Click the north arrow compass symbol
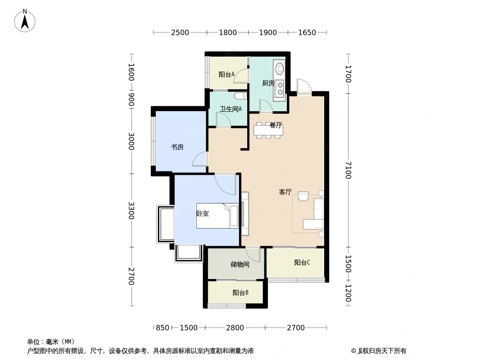tap(25, 21)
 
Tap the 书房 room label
tap(177, 147)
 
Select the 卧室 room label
tap(202, 213)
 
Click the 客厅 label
tap(285, 192)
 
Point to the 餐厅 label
tap(276, 125)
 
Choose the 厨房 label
tap(268, 83)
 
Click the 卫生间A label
tap(231, 109)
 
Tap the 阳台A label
tap(226, 74)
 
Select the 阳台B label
tap(240, 292)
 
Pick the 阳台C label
tap(302, 262)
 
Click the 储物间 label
tap(240, 264)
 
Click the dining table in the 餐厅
tap(268, 130)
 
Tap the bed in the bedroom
tap(217, 216)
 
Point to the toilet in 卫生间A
tap(240, 96)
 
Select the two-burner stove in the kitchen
tap(280, 88)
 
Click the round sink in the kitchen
tap(280, 68)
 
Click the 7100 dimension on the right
tap(348, 170)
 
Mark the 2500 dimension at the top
tap(180, 32)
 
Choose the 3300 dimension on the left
tap(131, 211)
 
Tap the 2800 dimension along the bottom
tap(235, 328)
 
